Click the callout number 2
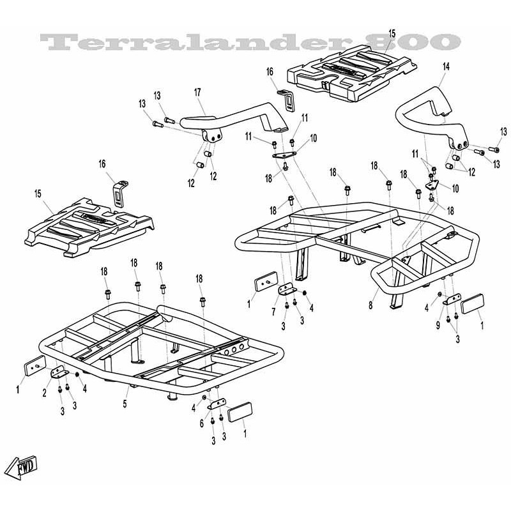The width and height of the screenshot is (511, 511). click(44, 393)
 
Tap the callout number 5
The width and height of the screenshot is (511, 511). click(125, 404)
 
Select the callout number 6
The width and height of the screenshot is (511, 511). click(202, 423)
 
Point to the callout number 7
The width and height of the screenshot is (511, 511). click(274, 312)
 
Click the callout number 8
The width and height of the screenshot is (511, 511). click(370, 305)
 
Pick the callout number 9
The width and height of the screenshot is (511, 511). click(438, 325)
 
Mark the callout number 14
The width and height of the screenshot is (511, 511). click(446, 66)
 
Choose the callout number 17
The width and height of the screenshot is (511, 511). click(197, 92)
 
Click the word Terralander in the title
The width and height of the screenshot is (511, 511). click(195, 42)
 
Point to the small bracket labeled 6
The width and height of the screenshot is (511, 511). click(217, 404)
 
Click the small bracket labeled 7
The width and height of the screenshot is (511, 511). click(287, 289)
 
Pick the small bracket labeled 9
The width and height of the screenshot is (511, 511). click(452, 299)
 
